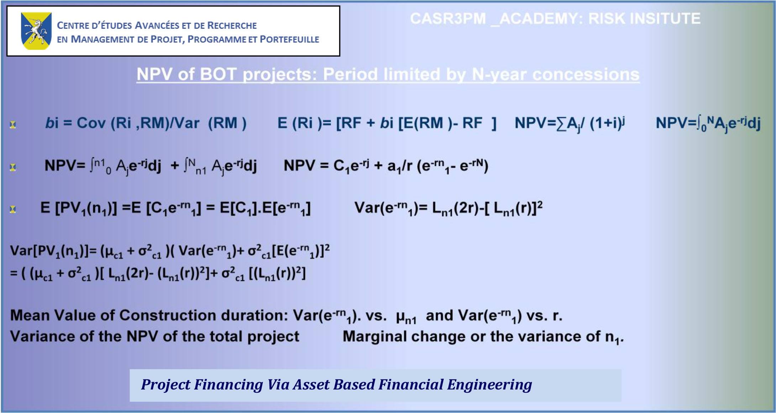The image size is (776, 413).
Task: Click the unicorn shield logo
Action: (x=36, y=31)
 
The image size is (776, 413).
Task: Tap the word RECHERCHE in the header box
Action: (x=232, y=26)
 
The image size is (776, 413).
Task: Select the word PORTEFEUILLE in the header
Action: (x=289, y=39)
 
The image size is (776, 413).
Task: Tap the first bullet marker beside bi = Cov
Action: (x=13, y=124)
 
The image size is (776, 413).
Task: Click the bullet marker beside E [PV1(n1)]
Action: (x=13, y=209)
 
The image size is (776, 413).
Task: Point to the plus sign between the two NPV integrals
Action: (x=174, y=166)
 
